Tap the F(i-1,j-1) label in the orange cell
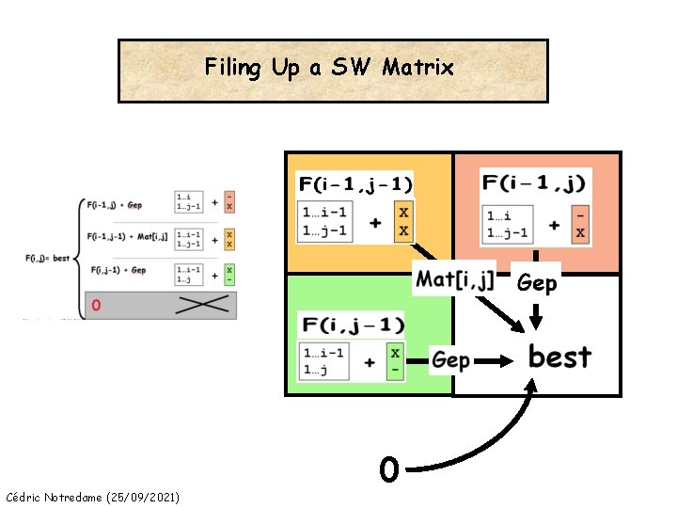click(x=355, y=183)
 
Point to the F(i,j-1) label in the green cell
click(x=354, y=325)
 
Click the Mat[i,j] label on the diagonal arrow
click(x=455, y=278)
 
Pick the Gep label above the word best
click(x=537, y=281)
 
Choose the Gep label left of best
click(x=451, y=360)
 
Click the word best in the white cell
click(x=559, y=357)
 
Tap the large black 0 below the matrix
click(x=389, y=468)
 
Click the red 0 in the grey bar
click(x=96, y=305)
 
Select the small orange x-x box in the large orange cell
click(x=403, y=222)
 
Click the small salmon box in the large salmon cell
click(x=581, y=223)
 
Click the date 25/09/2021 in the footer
click(x=146, y=496)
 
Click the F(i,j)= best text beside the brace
click(x=47, y=256)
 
